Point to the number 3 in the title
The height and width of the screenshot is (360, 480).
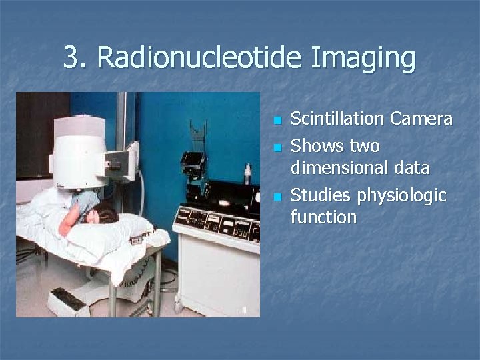[x=73, y=57]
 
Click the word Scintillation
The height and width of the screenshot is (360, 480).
[x=338, y=119]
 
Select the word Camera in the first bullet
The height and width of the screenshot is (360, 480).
[x=421, y=119]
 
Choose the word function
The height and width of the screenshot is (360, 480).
[x=323, y=217]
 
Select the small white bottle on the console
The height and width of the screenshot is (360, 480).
[x=247, y=175]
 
